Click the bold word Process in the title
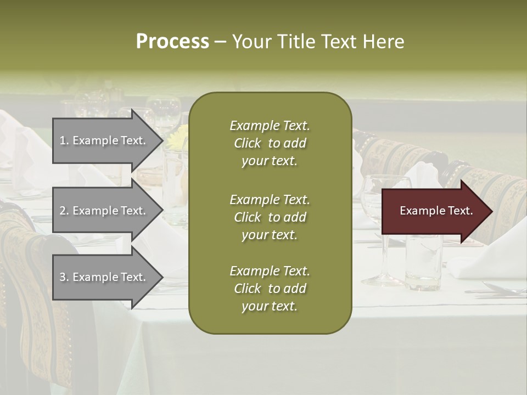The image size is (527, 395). tap(172, 42)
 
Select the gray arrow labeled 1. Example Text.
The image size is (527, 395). tap(104, 140)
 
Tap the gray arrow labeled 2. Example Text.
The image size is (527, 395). tap(104, 211)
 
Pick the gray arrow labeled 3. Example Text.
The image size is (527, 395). tap(104, 277)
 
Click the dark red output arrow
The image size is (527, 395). tap(434, 211)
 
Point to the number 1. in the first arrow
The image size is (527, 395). tap(64, 140)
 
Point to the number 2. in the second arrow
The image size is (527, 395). tap(64, 211)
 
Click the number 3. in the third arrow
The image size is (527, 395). tap(64, 277)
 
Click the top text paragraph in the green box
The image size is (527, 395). tap(270, 143)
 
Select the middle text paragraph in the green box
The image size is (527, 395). tap(270, 217)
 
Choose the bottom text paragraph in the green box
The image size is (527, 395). tap(270, 289)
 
